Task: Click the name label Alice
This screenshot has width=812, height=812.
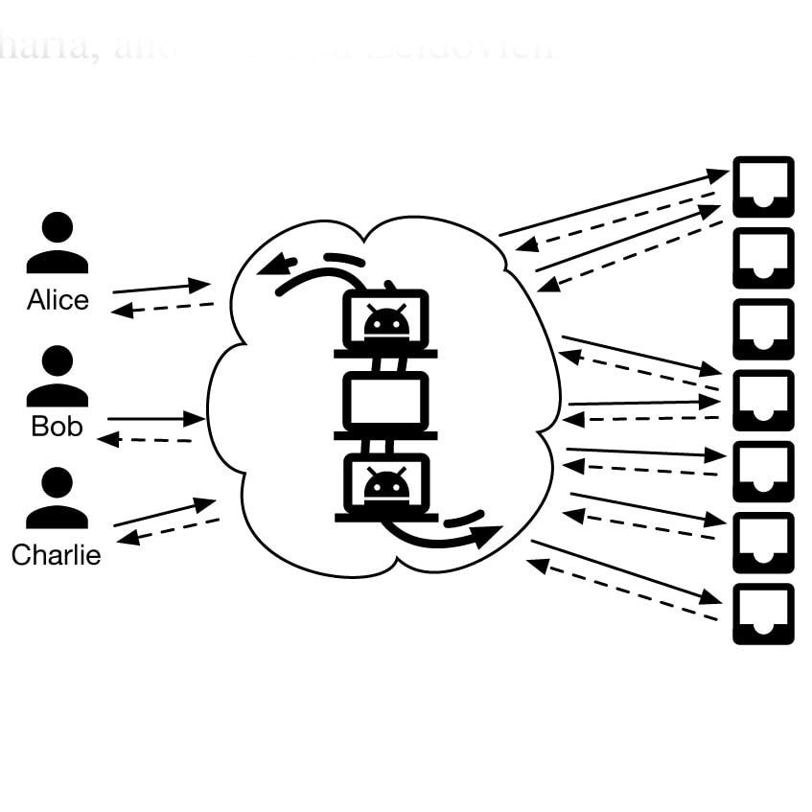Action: [58, 301]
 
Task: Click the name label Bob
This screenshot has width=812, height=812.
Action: [57, 426]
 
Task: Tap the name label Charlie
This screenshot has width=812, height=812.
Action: [56, 555]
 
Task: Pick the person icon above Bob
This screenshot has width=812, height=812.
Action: [57, 376]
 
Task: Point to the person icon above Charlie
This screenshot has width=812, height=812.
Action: [57, 499]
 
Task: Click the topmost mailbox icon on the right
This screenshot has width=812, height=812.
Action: [763, 186]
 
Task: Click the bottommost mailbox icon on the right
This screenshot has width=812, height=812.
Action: [763, 614]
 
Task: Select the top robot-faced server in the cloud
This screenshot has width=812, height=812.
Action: [386, 321]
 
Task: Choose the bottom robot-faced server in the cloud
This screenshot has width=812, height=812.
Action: [386, 485]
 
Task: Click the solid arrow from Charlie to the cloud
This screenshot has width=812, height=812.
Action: [164, 512]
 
